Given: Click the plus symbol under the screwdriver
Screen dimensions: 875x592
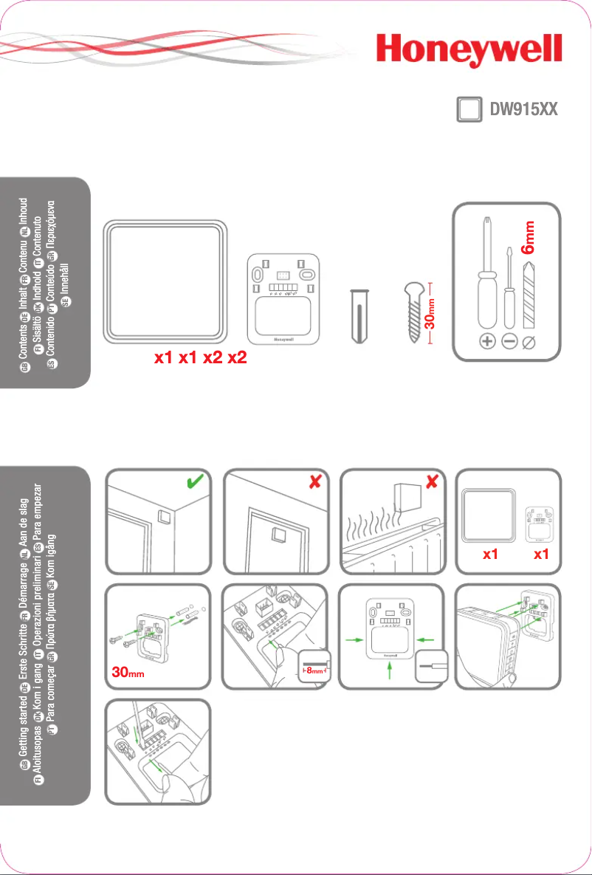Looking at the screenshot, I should pos(486,342).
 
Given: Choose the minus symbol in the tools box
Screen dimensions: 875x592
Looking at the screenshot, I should pos(509,342).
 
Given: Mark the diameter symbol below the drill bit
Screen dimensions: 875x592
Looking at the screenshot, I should pos(529,342).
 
